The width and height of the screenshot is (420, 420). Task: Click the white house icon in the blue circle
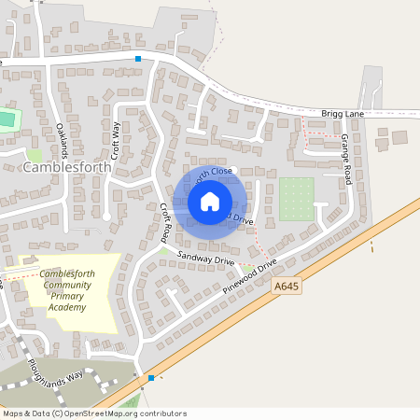coord(210,201)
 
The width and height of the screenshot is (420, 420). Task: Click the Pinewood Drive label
coord(250,276)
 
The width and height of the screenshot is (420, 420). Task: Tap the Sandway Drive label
coord(203,257)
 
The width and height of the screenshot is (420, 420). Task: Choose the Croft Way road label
coord(116,140)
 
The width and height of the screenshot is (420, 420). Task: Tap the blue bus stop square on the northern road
coord(139,59)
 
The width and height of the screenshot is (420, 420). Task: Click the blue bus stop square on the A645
coord(151,378)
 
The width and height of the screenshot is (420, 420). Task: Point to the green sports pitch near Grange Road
coord(297,199)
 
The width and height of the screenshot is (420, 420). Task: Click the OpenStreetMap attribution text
coord(94,413)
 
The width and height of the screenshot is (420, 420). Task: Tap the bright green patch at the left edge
coord(7,119)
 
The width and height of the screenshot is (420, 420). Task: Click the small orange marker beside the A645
coord(372,248)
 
